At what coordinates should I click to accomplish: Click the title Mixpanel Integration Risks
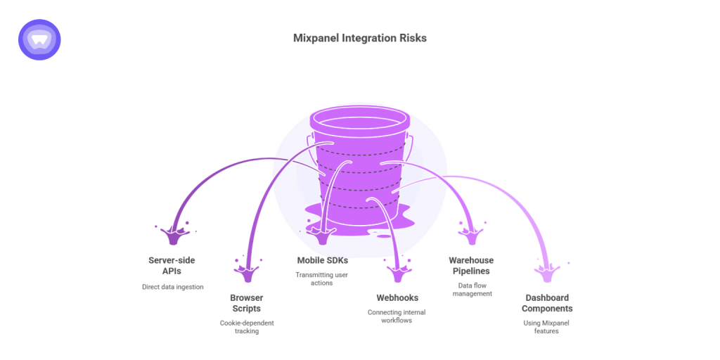359,38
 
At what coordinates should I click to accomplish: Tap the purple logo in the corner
39,39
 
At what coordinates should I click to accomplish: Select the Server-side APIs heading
172,266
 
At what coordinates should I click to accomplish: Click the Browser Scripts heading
246,303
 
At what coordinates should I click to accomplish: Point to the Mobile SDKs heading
322,261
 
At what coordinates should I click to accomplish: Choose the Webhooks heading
397,298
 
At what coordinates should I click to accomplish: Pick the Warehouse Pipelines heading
471,266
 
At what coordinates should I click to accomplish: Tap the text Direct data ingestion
172,287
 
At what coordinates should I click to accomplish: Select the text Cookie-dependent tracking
246,327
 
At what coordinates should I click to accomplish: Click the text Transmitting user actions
322,279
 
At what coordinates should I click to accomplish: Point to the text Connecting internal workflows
397,316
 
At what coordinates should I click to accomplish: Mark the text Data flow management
471,289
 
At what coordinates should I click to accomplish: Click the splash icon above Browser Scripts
246,270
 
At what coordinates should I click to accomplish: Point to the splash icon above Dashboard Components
546,270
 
